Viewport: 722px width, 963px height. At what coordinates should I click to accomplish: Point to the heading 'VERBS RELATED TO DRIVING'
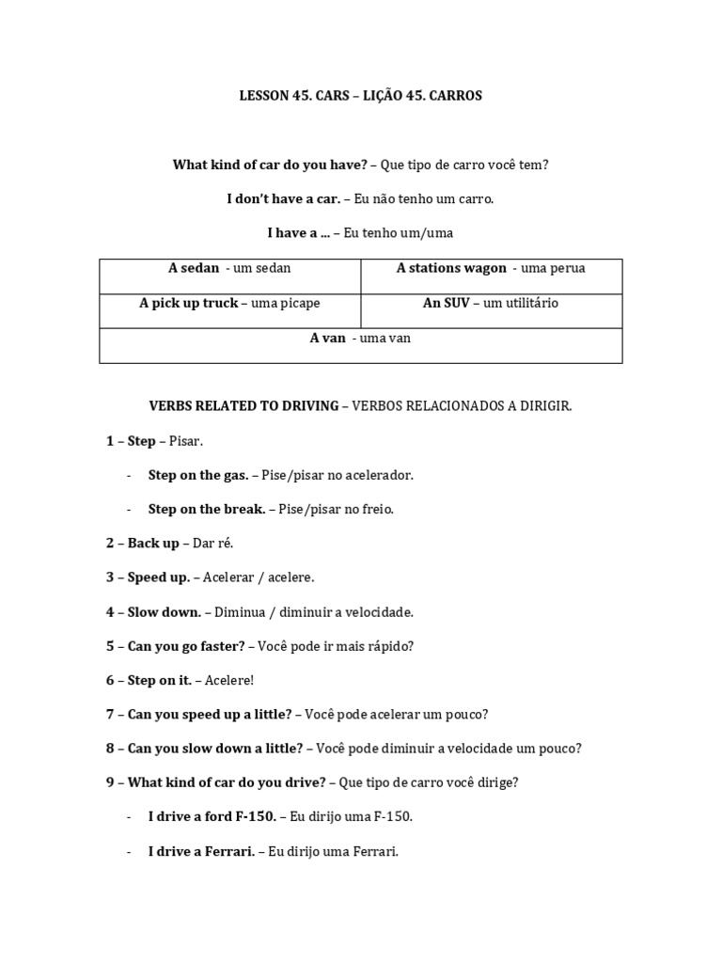[243, 406]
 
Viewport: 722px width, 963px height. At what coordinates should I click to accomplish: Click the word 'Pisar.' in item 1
[185, 441]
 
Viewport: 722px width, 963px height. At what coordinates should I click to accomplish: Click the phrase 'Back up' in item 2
[153, 544]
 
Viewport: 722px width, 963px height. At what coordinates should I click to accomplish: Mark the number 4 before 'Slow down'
[110, 612]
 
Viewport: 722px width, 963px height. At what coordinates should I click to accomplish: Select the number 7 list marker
[110, 715]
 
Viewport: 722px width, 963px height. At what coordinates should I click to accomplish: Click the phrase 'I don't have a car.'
[283, 199]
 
